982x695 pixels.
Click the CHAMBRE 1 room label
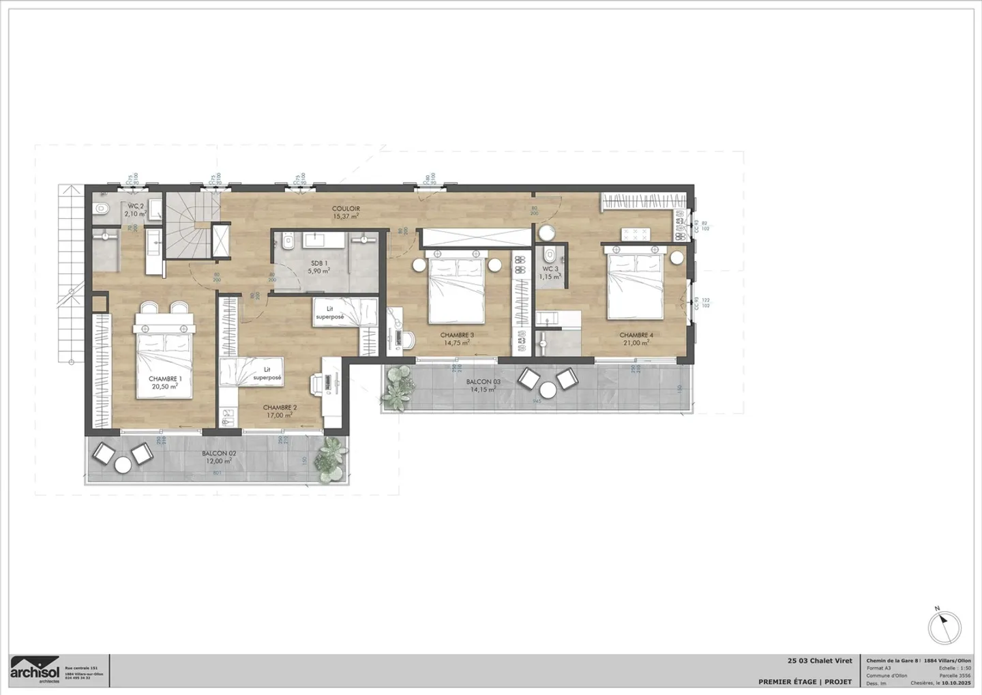point(165,379)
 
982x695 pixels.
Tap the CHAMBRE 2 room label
point(280,408)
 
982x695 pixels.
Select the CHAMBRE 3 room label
point(457,336)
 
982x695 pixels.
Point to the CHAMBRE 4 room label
point(636,336)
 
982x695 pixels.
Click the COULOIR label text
point(346,209)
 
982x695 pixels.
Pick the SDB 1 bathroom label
point(319,263)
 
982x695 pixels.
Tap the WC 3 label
point(550,269)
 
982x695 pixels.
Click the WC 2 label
point(136,206)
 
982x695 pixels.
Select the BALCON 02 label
point(219,454)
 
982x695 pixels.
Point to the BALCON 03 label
point(483,382)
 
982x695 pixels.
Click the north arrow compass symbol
point(944,627)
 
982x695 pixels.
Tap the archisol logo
point(35,670)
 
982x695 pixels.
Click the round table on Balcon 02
point(123,465)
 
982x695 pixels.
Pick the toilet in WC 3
point(550,255)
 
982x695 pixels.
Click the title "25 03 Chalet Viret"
point(820,661)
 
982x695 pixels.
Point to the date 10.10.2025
point(956,683)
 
